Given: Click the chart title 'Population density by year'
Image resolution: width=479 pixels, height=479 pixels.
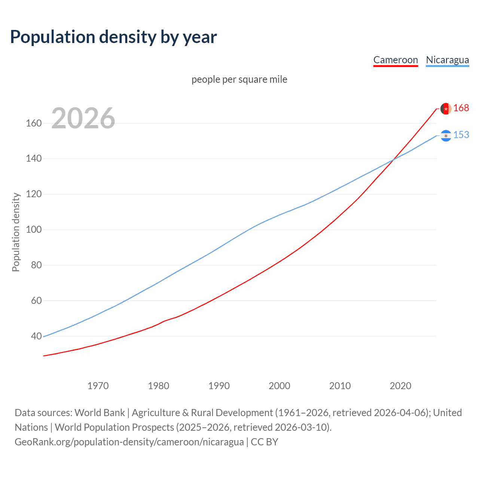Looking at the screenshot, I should click(x=113, y=37).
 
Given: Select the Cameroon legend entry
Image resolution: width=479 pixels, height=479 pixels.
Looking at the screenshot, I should click(x=396, y=60).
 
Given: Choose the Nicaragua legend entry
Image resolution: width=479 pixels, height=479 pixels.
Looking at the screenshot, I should click(x=447, y=60).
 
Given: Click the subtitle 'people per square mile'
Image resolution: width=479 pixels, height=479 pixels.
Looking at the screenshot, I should click(x=239, y=79).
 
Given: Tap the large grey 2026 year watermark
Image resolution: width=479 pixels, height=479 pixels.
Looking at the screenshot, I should click(x=83, y=118).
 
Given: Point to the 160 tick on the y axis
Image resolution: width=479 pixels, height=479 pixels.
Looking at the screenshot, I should click(x=34, y=123).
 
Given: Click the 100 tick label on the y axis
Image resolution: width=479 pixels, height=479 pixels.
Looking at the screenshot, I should click(x=34, y=229).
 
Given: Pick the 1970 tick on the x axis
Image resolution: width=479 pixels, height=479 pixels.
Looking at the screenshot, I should click(x=98, y=386).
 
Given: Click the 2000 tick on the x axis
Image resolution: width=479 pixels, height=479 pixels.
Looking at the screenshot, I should click(x=280, y=386).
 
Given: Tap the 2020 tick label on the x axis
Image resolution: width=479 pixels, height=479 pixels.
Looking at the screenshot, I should click(x=400, y=386).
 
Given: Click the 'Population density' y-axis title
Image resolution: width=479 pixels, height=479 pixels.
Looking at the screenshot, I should click(x=16, y=232).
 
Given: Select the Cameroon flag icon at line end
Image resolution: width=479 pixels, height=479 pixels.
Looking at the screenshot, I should click(x=446, y=109).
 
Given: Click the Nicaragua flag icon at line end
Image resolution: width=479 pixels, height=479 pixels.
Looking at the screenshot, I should click(x=446, y=135).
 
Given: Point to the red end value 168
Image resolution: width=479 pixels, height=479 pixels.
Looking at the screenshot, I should click(x=461, y=108).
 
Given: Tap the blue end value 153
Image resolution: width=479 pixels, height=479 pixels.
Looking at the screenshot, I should click(x=461, y=135).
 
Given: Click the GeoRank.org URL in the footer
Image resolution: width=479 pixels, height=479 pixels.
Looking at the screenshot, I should click(x=129, y=442).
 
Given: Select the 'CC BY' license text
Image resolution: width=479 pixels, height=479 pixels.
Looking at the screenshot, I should click(x=265, y=442).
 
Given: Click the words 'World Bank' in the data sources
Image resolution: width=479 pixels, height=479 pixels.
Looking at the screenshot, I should click(x=100, y=413).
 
